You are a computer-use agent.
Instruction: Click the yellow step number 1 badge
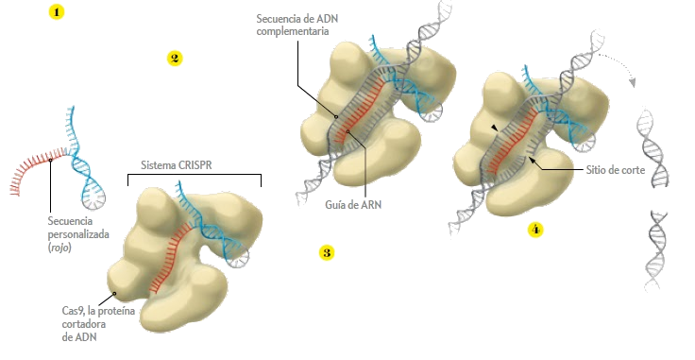[x=57, y=12]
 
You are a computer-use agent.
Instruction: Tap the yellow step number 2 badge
[x=175, y=58]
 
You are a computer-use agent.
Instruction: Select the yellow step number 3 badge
[x=327, y=252]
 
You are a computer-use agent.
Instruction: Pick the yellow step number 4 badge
[x=535, y=230]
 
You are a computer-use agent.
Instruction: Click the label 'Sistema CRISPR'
[x=177, y=165]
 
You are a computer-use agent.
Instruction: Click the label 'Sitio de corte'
[x=616, y=170]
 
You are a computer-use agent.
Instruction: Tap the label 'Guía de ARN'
[x=353, y=204]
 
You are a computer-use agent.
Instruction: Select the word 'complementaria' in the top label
[x=293, y=31]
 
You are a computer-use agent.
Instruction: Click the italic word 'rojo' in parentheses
[x=59, y=248]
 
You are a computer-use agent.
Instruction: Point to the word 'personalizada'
[x=78, y=234]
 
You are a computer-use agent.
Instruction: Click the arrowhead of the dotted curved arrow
[x=633, y=82]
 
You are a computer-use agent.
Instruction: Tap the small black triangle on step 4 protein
[x=496, y=129]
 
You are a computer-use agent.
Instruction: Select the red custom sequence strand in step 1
[x=38, y=168]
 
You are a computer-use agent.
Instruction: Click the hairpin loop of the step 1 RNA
[x=94, y=198]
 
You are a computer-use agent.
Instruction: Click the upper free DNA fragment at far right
[x=653, y=147]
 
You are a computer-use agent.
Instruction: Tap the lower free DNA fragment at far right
[x=657, y=250]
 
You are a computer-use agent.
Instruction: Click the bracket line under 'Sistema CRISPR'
[x=195, y=175]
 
